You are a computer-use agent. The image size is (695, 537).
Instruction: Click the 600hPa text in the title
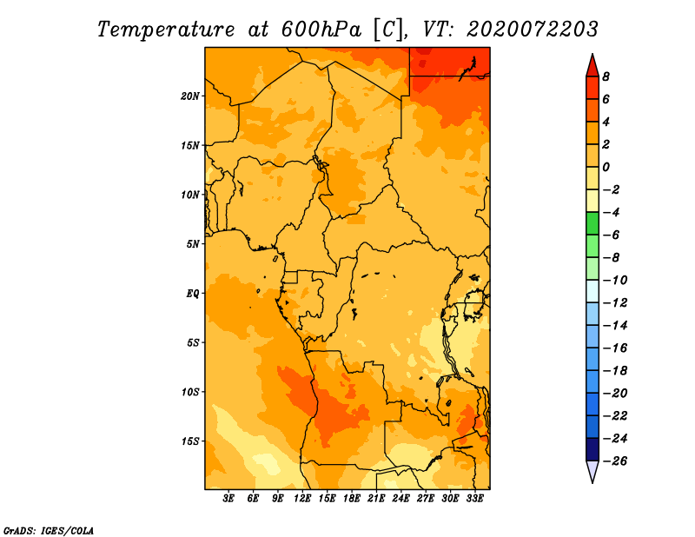pos(321,30)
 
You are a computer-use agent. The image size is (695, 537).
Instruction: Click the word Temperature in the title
pos(165,30)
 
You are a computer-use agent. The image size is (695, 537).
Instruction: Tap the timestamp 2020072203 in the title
pos(533,30)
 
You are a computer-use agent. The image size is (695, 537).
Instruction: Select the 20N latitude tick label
pos(190,96)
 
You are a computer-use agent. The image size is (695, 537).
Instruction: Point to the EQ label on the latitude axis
pos(192,294)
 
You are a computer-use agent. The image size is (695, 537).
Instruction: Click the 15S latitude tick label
pos(190,441)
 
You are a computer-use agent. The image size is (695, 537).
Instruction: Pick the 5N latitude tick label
pos(193,244)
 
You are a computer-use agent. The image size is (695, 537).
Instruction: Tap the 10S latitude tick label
pos(190,392)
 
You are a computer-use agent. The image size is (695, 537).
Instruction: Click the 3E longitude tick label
pos(228,499)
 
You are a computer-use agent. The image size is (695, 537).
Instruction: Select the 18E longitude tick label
pos(352,499)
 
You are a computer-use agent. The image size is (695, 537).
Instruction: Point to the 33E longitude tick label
pos(474,499)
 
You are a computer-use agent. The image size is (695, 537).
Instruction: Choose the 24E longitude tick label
pos(400,499)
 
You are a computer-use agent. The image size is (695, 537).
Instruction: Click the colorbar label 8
pos(606,76)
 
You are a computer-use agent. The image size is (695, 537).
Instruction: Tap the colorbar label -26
pos(615,461)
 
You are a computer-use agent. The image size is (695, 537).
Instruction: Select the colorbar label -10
pos(615,281)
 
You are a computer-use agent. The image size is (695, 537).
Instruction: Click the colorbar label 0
pos(606,167)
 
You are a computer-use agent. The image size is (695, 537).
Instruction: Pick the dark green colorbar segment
pos(592,223)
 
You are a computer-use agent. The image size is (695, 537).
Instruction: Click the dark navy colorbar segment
pos(592,449)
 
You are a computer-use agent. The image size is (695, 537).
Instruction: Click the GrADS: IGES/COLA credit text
pos(49,530)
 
